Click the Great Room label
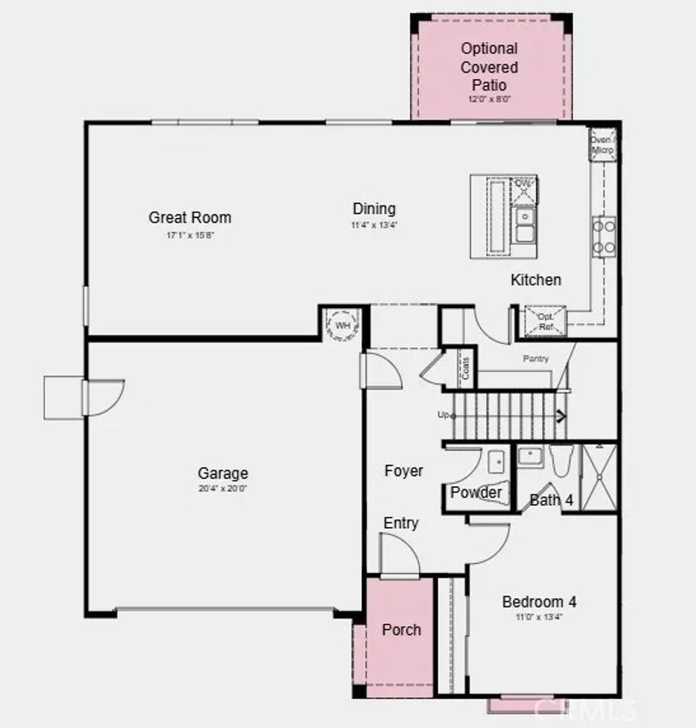click(190, 218)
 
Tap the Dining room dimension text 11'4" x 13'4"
click(374, 224)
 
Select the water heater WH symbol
click(343, 325)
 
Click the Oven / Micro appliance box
click(602, 145)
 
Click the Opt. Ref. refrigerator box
click(545, 320)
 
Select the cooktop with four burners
click(604, 237)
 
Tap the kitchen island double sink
click(524, 225)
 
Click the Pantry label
click(536, 358)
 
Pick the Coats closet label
click(466, 368)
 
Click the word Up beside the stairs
click(443, 415)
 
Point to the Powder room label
click(476, 493)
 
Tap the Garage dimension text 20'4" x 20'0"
click(222, 488)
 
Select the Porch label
click(401, 630)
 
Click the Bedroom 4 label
click(539, 602)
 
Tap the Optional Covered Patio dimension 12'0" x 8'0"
click(489, 99)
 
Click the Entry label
click(401, 523)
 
